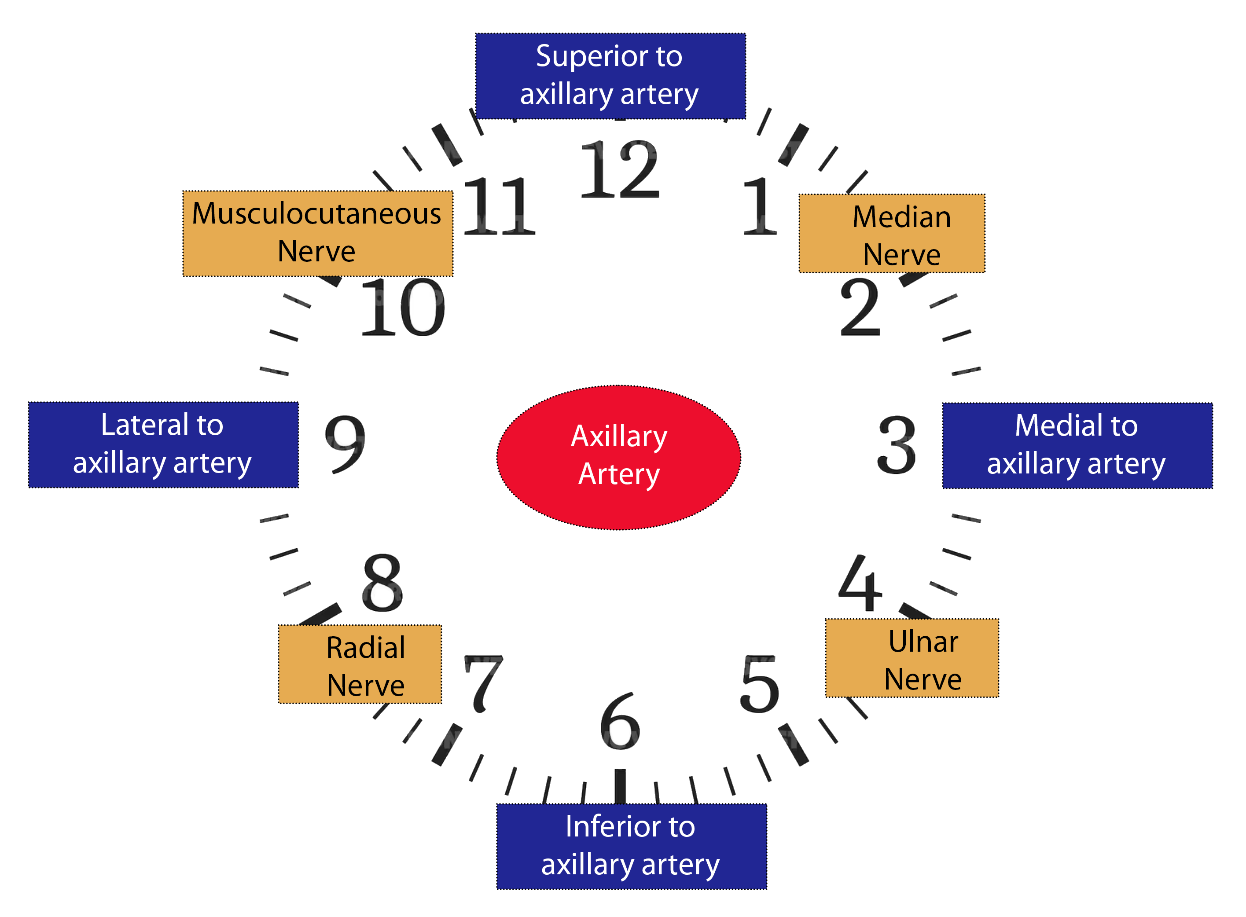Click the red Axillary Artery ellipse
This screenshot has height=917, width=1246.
(x=618, y=457)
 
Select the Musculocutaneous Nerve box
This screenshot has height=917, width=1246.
(x=318, y=233)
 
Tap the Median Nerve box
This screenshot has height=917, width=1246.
(x=891, y=233)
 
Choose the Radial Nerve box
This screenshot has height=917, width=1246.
(x=360, y=664)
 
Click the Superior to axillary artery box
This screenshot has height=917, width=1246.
(x=610, y=76)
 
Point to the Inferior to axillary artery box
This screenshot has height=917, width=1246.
(x=631, y=846)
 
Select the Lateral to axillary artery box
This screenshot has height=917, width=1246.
(x=163, y=444)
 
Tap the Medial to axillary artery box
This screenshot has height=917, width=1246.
(x=1077, y=445)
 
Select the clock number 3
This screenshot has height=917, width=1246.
(x=896, y=444)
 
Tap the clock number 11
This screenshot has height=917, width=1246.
(x=498, y=206)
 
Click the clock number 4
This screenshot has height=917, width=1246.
(x=860, y=583)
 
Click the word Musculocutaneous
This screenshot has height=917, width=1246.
(x=316, y=214)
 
